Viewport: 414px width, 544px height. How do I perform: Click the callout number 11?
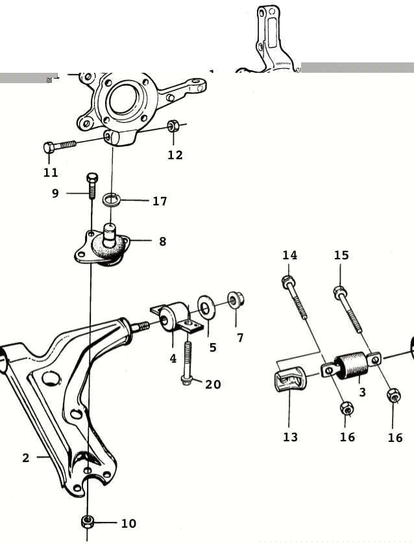(x=51, y=172)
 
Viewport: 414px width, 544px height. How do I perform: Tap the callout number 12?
(x=175, y=155)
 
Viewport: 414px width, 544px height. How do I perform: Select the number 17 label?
(x=160, y=201)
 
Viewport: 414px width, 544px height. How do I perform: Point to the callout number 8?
(x=162, y=242)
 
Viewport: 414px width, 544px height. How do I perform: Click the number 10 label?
(x=128, y=524)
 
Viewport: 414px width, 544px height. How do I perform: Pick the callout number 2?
(x=26, y=458)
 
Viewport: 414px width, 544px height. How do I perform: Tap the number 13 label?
(x=290, y=437)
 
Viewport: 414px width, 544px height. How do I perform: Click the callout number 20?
(x=213, y=384)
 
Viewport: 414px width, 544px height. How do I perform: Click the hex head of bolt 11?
(x=49, y=148)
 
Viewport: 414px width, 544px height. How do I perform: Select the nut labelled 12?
(x=173, y=125)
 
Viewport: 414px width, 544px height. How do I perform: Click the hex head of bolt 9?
(x=91, y=177)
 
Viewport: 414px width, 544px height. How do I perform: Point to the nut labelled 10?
(x=88, y=521)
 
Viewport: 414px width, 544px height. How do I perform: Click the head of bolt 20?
(x=186, y=380)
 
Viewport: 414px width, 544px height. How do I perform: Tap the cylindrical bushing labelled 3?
(x=351, y=365)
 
